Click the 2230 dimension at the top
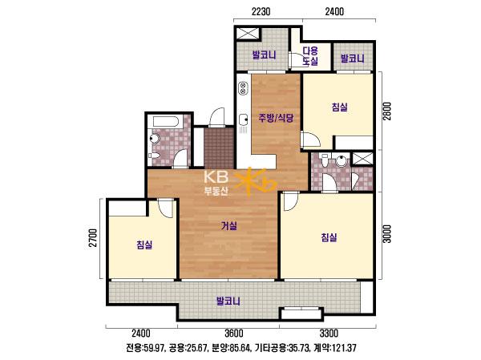[x=261, y=12]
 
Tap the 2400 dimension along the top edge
[x=334, y=12]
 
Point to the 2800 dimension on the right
[x=387, y=111]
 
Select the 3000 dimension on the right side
[x=387, y=234]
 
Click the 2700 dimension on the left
[x=94, y=237]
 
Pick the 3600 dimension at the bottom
[x=234, y=333]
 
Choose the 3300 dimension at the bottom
[x=329, y=333]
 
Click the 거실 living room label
[x=229, y=226]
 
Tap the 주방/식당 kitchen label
[x=276, y=118]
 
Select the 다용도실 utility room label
[x=310, y=55]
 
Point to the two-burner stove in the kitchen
[x=243, y=87]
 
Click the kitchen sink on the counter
[x=244, y=119]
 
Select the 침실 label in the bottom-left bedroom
[x=144, y=245]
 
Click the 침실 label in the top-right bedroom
[x=339, y=107]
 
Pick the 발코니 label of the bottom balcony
[x=228, y=301]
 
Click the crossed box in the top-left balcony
[x=248, y=34]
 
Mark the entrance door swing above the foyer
[x=216, y=118]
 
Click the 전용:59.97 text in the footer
[x=145, y=348]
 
